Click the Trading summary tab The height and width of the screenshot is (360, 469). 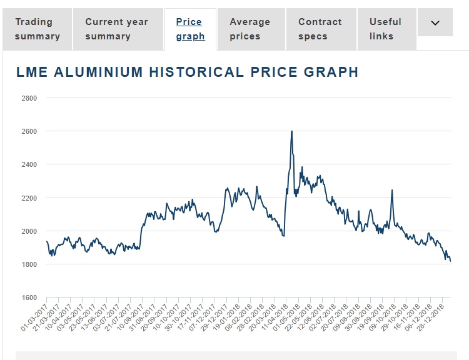38,29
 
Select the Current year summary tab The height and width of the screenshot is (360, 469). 116,29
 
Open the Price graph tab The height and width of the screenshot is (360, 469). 190,29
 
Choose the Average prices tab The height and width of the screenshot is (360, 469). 250,29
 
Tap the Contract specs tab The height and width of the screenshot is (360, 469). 321,29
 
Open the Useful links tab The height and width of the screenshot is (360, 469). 385,29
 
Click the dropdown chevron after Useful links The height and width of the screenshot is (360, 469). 436,23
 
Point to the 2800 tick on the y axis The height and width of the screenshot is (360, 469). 29,98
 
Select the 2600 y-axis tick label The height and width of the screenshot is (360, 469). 29,131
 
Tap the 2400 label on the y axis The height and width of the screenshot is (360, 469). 29,164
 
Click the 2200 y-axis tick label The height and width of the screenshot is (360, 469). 29,198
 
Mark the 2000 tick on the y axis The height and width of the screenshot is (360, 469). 29,231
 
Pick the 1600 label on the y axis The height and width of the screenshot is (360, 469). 29,297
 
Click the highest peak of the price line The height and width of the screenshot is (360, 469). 292,131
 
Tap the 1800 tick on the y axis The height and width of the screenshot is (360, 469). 29,264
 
